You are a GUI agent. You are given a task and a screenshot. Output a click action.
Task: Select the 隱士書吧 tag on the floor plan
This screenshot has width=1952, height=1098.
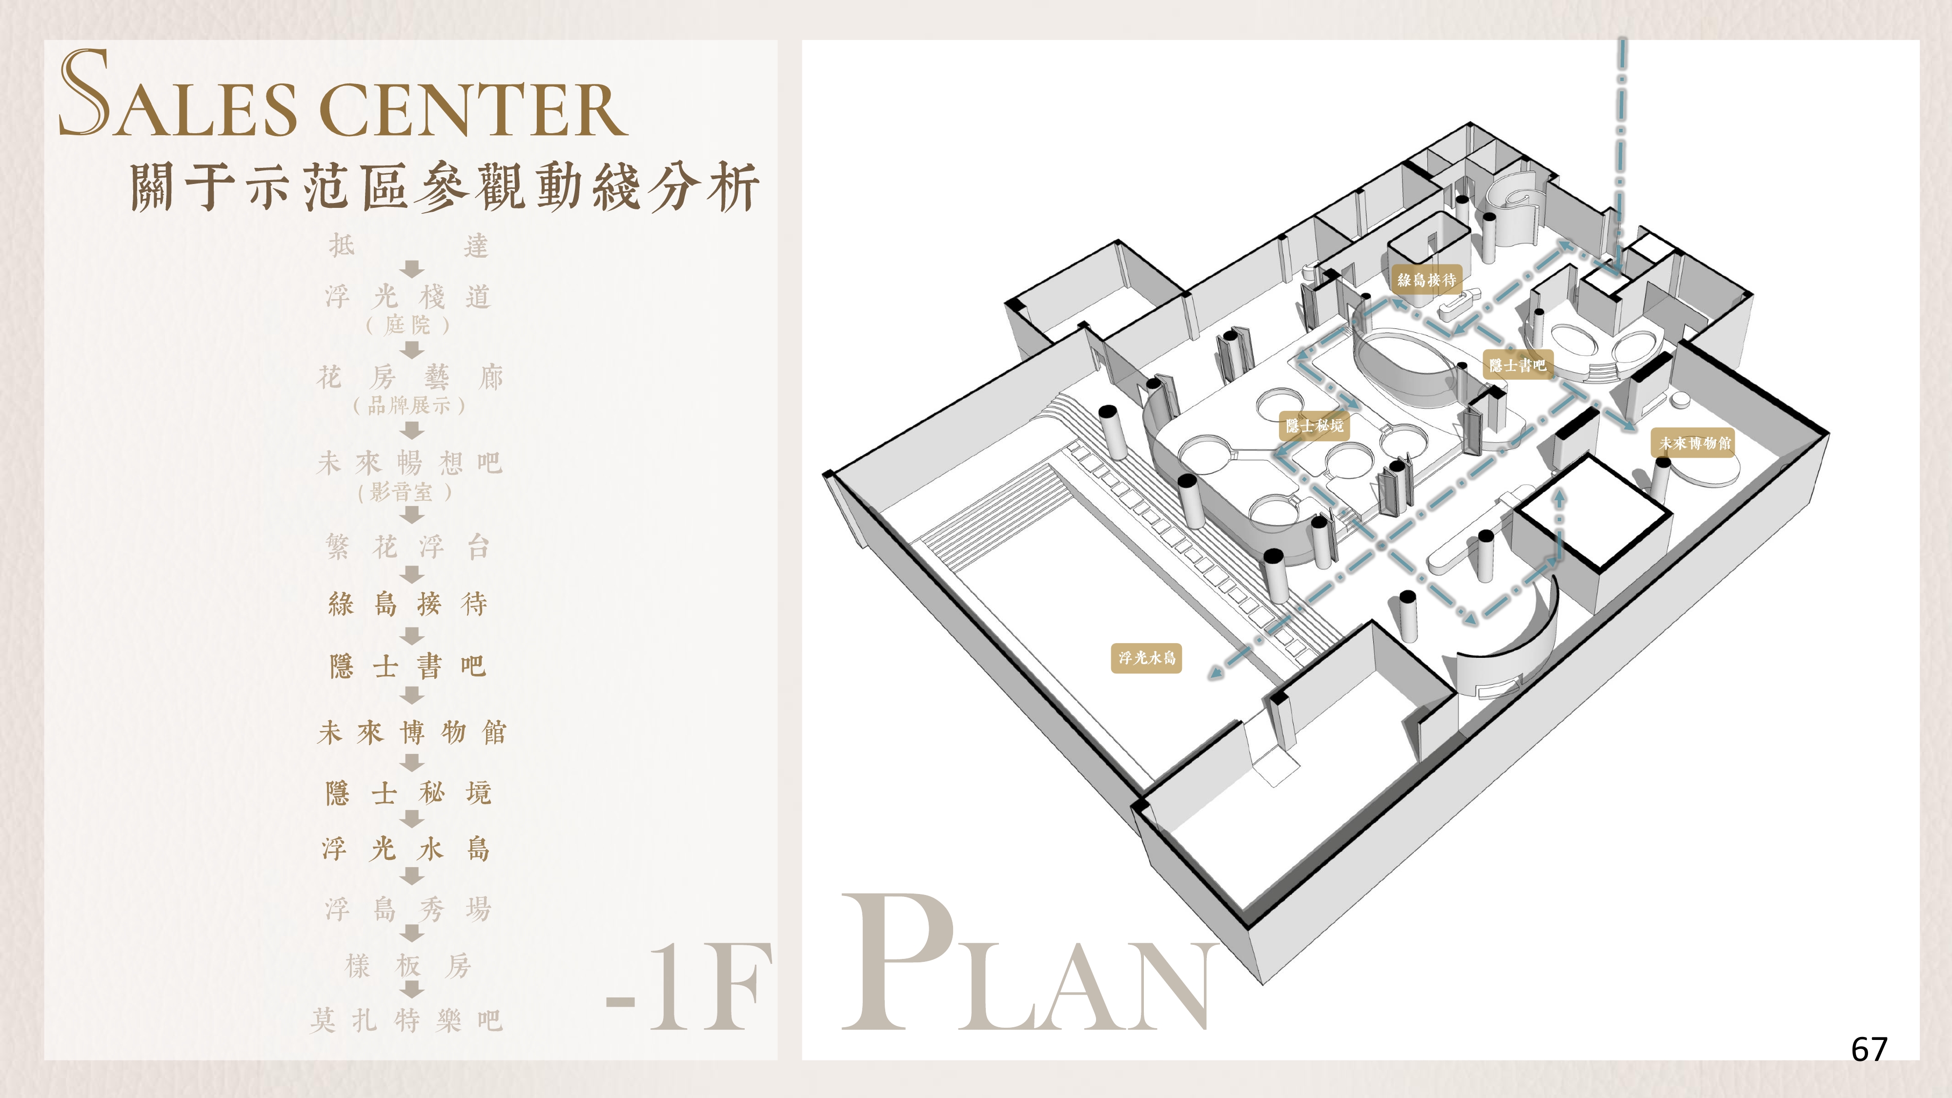click(1517, 365)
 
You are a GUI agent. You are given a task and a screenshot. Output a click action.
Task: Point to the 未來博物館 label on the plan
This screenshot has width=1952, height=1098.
click(1694, 443)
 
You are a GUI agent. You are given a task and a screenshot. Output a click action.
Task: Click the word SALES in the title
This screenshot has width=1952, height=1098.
click(179, 99)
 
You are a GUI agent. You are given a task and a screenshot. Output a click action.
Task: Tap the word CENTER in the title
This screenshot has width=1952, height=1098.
click(473, 110)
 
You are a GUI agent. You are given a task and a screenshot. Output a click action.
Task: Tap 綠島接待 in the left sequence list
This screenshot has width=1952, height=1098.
click(407, 604)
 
